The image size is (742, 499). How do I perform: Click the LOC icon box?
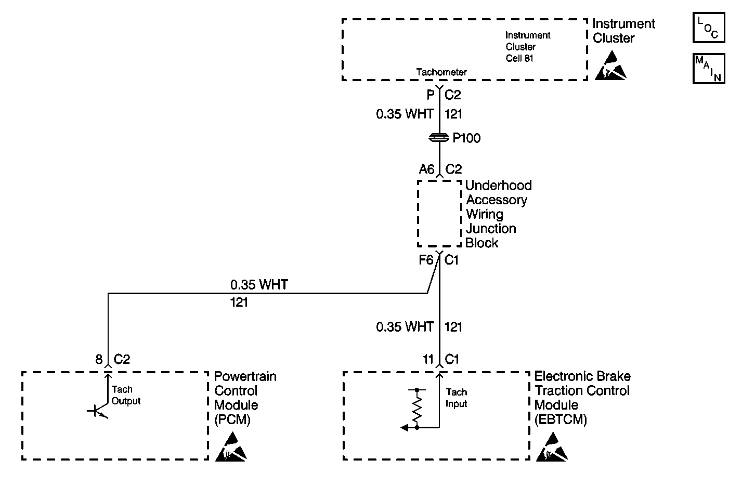tap(709, 28)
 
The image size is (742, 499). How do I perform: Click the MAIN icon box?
tap(709, 69)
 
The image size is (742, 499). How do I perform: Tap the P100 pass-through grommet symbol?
tap(439, 137)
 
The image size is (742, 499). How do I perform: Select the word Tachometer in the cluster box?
tap(441, 72)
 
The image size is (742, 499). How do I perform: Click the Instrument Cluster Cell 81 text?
tap(528, 47)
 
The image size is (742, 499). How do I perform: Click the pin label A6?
tap(426, 169)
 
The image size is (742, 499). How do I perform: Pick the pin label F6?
tap(426, 260)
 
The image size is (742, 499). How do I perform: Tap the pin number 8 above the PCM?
tap(99, 359)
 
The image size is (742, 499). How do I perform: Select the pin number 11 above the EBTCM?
tap(428, 359)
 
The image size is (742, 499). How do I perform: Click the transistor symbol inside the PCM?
tap(98, 411)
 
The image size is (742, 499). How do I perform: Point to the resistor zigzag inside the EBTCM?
tap(417, 409)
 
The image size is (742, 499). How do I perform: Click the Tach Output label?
tap(126, 395)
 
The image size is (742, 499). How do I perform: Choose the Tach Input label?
tap(456, 398)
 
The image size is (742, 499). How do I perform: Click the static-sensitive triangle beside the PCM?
tap(231, 447)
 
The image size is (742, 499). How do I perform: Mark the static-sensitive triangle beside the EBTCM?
tap(552, 447)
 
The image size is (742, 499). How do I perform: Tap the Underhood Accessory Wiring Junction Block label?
tap(498, 214)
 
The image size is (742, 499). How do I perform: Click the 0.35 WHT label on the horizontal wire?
tap(259, 284)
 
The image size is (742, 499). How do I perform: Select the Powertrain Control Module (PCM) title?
tap(245, 398)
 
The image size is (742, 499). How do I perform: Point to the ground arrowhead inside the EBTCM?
tap(405, 428)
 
